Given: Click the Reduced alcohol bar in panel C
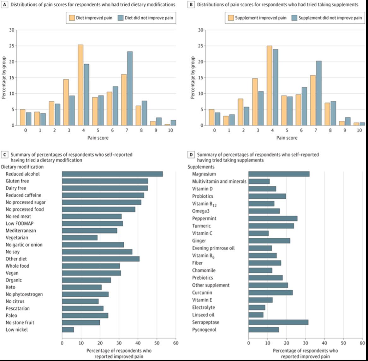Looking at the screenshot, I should [112, 174].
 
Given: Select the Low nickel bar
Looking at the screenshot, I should [68, 329].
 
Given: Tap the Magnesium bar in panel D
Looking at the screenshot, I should [279, 174].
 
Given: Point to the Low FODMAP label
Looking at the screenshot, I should [19, 224].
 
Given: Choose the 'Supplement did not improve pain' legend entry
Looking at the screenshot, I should [326, 18].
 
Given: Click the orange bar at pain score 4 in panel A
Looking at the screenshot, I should [80, 85].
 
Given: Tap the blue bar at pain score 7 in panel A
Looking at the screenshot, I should [130, 89].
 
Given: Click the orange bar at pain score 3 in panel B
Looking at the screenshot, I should [254, 102].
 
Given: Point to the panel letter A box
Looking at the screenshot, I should [4, 5].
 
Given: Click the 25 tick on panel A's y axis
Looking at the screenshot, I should [12, 46].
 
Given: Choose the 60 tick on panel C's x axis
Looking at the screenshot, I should [176, 343].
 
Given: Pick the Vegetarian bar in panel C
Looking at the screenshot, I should [80, 238].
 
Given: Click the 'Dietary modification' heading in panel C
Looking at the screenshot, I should [22, 167].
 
